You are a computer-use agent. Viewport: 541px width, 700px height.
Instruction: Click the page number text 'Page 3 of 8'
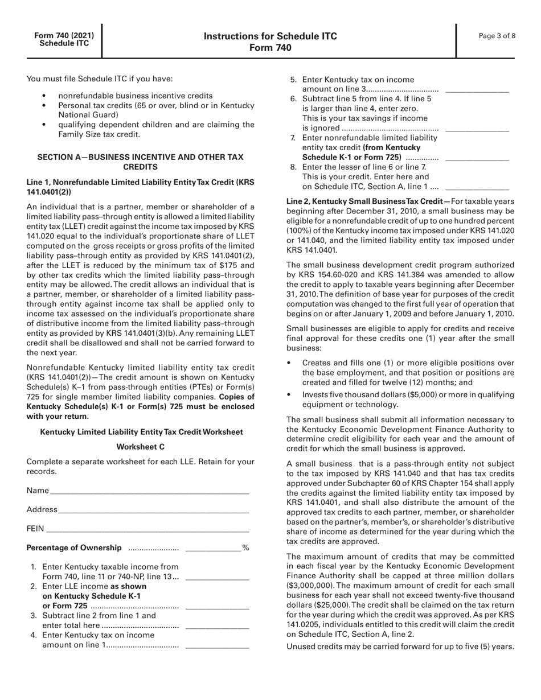pyautogui.click(x=497, y=36)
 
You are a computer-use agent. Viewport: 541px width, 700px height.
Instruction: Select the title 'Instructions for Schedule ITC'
pyautogui.click(x=270, y=36)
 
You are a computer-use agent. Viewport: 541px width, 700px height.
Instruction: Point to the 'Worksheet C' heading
pyautogui.click(x=141, y=447)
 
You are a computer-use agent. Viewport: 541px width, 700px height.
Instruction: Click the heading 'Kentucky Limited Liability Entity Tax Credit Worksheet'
pyautogui.click(x=141, y=433)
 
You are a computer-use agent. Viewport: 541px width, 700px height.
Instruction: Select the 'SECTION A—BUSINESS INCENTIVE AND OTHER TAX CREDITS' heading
pyautogui.click(x=141, y=162)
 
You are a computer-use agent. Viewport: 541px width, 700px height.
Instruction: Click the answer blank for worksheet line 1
pyautogui.click(x=218, y=579)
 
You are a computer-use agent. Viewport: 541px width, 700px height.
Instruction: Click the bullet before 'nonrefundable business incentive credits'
pyautogui.click(x=45, y=96)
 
